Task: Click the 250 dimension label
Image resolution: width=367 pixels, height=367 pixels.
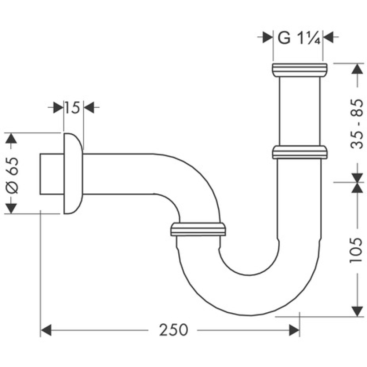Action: [x=174, y=330]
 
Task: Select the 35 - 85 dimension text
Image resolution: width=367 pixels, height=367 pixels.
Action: [x=356, y=124]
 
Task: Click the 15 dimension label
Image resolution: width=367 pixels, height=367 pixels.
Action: [x=72, y=108]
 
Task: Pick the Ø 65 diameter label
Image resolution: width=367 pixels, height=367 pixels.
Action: [x=12, y=175]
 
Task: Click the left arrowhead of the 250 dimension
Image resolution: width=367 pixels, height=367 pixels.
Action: [x=46, y=330]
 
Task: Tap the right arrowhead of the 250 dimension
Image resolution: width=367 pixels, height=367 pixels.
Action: [x=294, y=330]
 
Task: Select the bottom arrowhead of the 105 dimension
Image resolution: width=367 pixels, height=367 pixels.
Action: [x=357, y=311]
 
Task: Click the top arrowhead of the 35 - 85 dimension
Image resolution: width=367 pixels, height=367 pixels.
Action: [x=357, y=69]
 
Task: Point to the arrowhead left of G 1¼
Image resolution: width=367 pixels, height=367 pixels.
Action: [x=268, y=37]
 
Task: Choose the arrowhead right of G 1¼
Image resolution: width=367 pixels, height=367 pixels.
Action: [x=328, y=37]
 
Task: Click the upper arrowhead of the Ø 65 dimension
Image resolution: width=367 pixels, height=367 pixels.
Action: [x=11, y=138]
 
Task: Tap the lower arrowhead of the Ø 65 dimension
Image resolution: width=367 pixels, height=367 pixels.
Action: [x=11, y=208]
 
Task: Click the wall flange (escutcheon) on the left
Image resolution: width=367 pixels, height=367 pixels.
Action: [x=73, y=174]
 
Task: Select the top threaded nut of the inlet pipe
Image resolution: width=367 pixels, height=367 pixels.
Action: [x=299, y=70]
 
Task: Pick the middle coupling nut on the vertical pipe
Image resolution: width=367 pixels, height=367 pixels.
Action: [x=300, y=152]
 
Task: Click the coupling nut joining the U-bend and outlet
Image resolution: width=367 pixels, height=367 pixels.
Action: [x=198, y=229]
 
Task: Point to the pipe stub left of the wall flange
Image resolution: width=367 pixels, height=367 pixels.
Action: [x=52, y=174]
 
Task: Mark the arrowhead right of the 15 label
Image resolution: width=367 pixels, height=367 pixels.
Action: [x=89, y=108]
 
